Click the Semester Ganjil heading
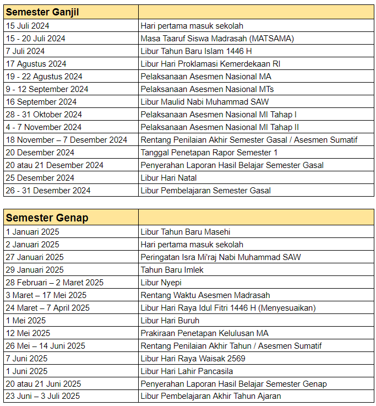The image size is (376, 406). click(41, 12)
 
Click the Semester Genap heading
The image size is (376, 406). click(39, 218)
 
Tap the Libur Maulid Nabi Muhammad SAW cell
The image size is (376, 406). click(205, 102)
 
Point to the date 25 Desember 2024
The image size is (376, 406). click(40, 178)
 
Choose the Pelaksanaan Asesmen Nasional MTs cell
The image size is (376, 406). click(207, 89)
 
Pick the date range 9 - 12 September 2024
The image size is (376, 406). click(47, 89)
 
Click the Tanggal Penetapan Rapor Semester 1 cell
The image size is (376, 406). click(209, 153)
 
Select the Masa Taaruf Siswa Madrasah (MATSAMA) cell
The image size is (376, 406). click(217, 39)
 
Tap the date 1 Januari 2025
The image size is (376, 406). click(32, 232)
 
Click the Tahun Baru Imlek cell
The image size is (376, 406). click(172, 270)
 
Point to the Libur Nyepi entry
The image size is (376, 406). click(161, 283)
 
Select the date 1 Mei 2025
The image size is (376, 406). click(26, 321)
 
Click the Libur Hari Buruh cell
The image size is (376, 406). click(170, 321)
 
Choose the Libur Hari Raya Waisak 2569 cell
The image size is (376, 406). click(193, 359)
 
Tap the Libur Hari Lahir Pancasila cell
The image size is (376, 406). click(187, 371)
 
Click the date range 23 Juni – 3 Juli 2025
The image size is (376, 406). click(43, 396)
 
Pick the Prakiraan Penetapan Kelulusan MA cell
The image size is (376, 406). click(204, 333)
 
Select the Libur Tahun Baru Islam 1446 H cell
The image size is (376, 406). click(197, 51)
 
